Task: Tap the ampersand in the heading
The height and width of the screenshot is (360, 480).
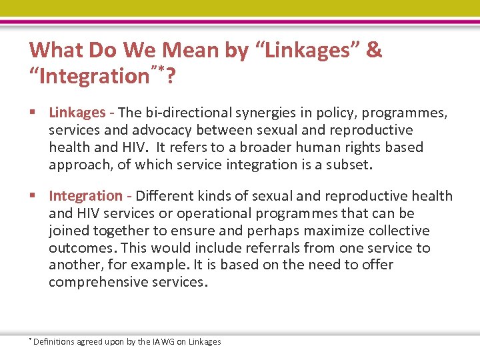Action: (x=374, y=50)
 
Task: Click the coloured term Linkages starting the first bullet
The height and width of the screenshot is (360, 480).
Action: (x=77, y=113)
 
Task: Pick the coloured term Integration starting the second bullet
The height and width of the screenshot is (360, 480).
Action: (x=85, y=196)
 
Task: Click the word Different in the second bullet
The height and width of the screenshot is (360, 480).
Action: (x=163, y=196)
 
